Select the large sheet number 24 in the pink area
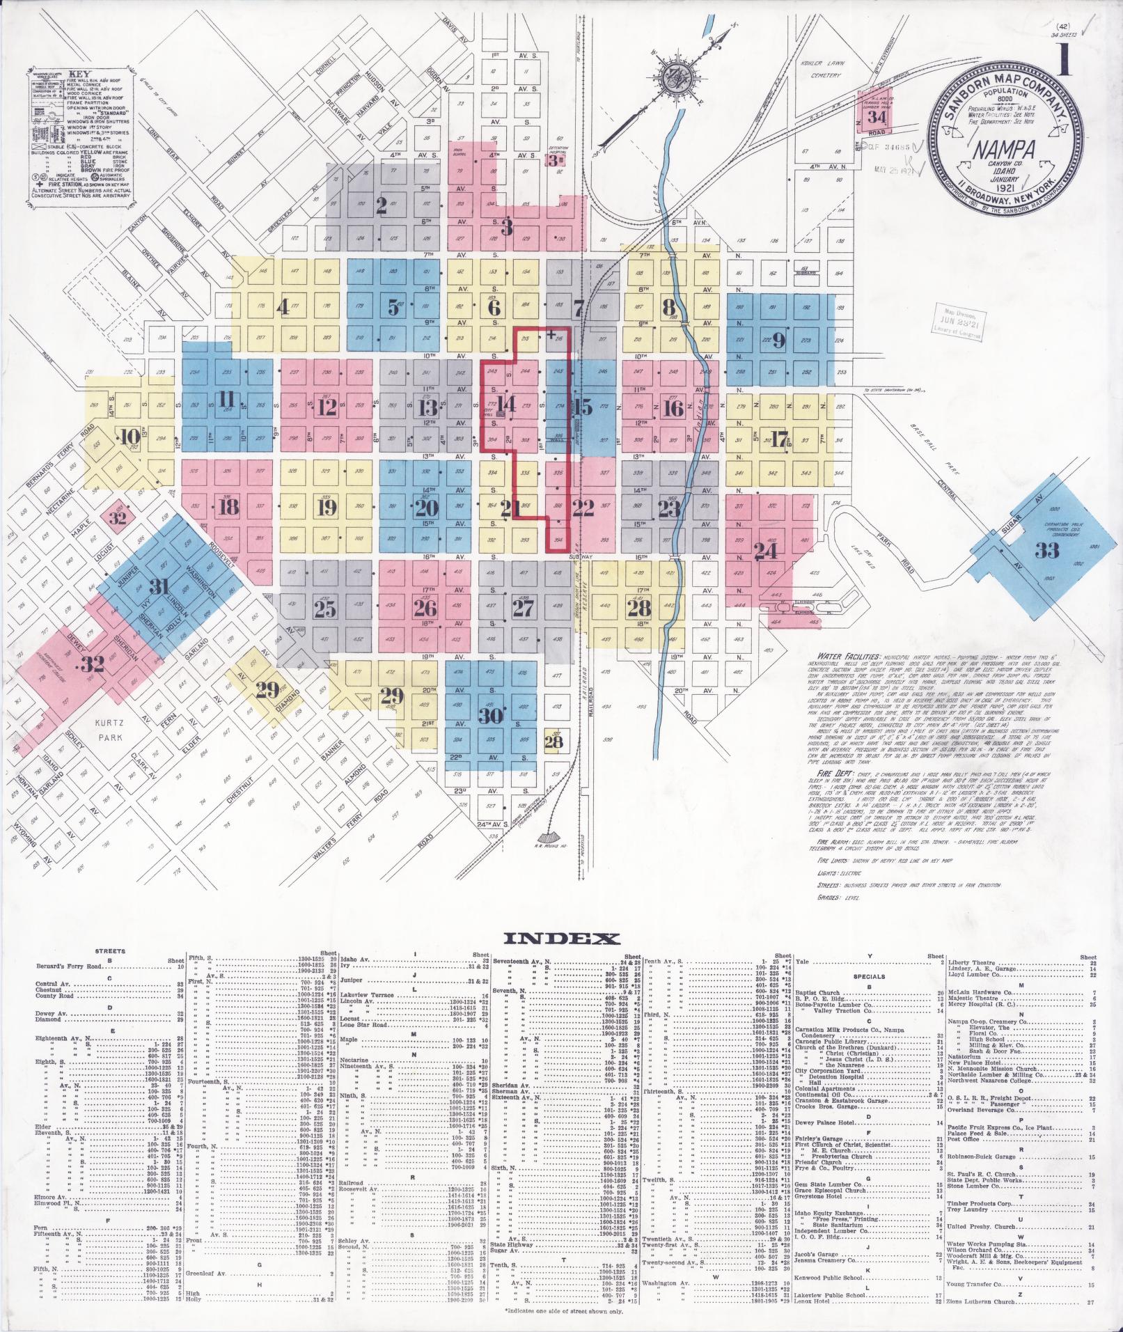pyautogui.click(x=766, y=551)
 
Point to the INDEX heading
pyautogui.click(x=560, y=939)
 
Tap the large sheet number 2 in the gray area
pyautogui.click(x=381, y=205)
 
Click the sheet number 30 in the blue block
pyautogui.click(x=491, y=715)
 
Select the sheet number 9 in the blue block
pyautogui.click(x=778, y=340)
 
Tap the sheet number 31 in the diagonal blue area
pyautogui.click(x=160, y=587)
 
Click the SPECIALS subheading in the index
pyautogui.click(x=870, y=976)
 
